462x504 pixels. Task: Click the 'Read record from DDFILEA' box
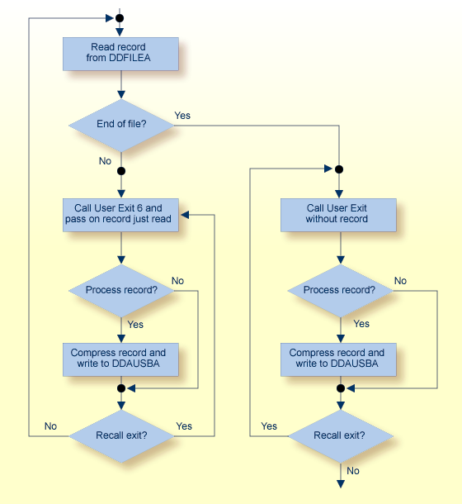point(120,54)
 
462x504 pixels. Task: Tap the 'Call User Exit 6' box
point(120,214)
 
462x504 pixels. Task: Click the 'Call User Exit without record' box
point(338,214)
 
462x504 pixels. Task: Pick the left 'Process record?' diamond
point(120,290)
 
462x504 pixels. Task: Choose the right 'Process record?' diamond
point(338,290)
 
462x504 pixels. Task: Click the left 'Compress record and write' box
point(120,358)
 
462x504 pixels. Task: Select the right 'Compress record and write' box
point(338,358)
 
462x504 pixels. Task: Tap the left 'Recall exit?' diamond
point(120,434)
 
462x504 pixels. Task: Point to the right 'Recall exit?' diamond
point(338,434)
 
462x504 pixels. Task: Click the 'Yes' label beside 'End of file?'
point(182,116)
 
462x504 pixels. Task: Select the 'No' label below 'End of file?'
point(105,161)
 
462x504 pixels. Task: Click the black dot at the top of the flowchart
point(120,17)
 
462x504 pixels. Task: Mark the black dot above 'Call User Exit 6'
point(120,171)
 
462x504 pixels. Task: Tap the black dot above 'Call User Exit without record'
point(338,169)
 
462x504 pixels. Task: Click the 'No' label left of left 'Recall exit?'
point(50,426)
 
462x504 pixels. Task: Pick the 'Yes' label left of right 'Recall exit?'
point(269,426)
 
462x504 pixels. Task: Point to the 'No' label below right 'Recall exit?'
point(353,471)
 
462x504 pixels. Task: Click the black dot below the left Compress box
point(120,388)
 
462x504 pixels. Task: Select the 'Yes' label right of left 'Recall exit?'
point(184,426)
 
